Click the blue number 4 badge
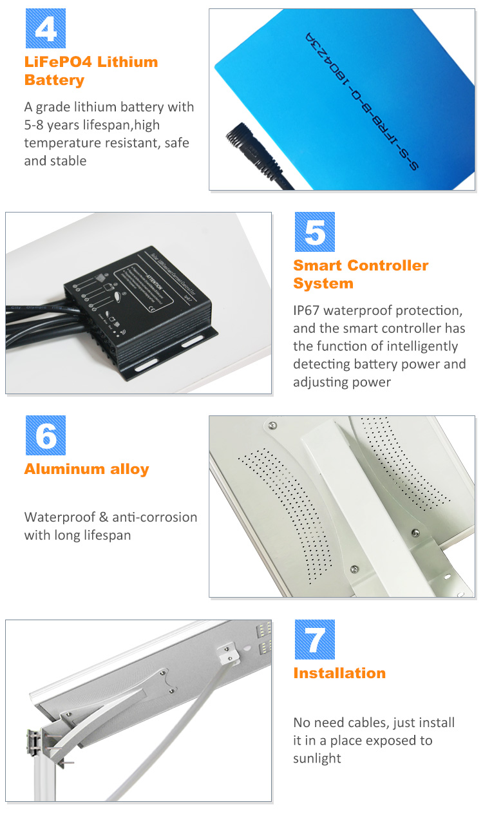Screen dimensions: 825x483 tap(45, 28)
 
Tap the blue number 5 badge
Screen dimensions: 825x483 tap(314, 232)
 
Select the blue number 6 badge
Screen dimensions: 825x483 tap(45, 435)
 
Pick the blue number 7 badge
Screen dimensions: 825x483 tap(314, 640)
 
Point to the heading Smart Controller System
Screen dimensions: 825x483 tap(361, 274)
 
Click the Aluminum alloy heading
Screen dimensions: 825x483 tap(86, 469)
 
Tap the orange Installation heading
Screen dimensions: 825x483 tap(339, 674)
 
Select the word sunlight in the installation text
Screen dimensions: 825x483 tap(317, 759)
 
